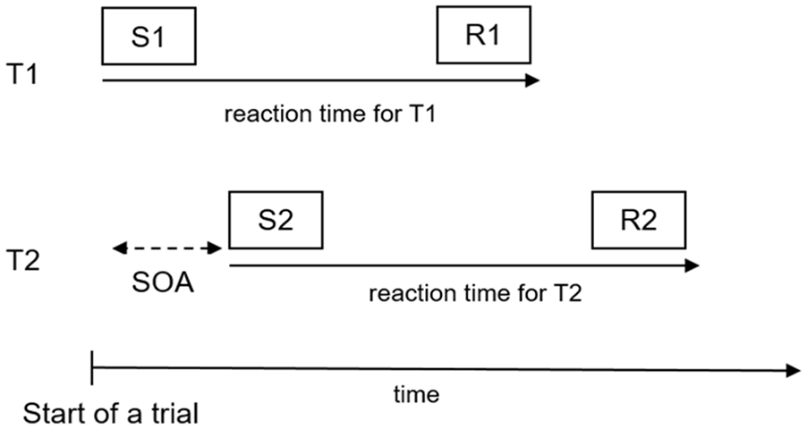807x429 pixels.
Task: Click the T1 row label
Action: point(21,73)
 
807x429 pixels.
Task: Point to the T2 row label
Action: point(22,260)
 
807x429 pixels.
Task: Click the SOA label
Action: point(163,282)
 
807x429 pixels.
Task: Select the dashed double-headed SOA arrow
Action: point(166,249)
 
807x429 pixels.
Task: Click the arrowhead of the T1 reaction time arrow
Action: point(532,80)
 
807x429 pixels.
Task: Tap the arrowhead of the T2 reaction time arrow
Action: point(692,265)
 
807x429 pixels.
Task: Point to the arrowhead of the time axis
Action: point(794,369)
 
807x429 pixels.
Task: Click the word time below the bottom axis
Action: point(416,394)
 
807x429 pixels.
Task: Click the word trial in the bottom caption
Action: point(176,414)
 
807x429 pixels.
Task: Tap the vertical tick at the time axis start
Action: point(91,368)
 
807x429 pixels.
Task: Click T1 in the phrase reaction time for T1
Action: point(422,114)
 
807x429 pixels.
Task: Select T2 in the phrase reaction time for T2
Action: point(567,293)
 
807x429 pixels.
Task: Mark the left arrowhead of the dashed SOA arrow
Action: point(119,249)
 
